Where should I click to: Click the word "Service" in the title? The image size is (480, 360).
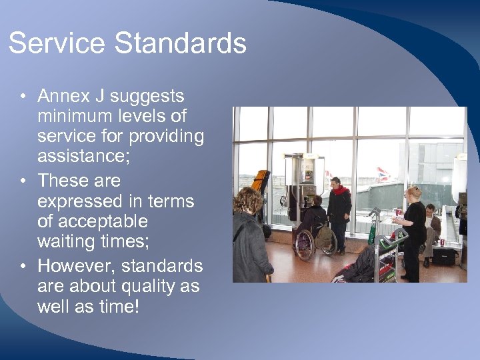[x=57, y=44]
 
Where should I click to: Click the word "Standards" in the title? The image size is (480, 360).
[x=181, y=44]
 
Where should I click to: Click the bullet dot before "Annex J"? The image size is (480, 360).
[x=23, y=96]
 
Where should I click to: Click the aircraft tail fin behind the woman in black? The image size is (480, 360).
[x=383, y=175]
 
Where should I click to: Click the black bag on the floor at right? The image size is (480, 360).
[x=443, y=255]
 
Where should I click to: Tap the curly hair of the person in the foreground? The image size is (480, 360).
[x=248, y=200]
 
